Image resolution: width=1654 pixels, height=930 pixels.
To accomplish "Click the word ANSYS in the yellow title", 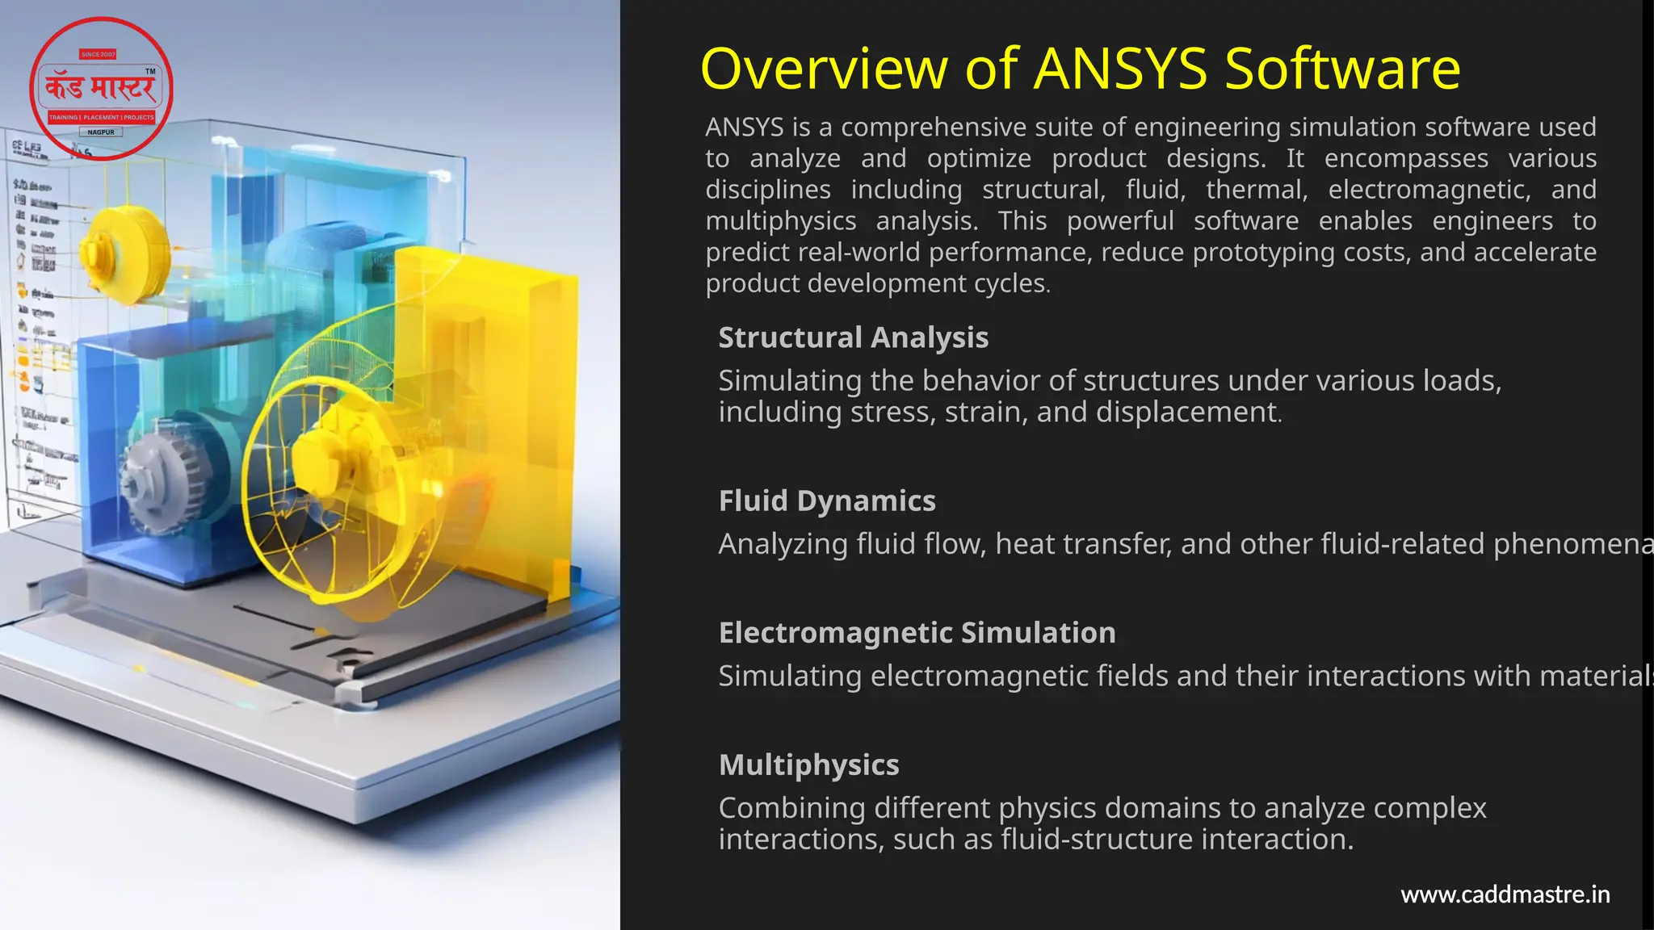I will pyautogui.click(x=1120, y=69).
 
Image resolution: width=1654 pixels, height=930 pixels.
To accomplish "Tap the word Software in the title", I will pyautogui.click(x=1342, y=69).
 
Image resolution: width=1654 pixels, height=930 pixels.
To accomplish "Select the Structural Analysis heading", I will pyautogui.click(x=853, y=337).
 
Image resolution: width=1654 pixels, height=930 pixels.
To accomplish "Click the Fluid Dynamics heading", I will pyautogui.click(x=827, y=501).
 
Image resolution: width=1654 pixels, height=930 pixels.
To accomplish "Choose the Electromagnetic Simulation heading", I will pyautogui.click(x=917, y=633).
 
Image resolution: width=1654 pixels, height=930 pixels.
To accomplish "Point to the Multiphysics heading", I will pyautogui.click(x=808, y=765).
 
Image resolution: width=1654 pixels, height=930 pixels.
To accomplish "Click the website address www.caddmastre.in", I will pyautogui.click(x=1505, y=894).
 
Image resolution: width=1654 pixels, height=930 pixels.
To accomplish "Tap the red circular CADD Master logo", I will pyautogui.click(x=101, y=88).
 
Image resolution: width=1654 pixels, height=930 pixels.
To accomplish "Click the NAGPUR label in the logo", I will pyautogui.click(x=101, y=132).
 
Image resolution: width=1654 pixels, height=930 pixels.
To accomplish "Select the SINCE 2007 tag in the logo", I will pyautogui.click(x=98, y=54).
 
